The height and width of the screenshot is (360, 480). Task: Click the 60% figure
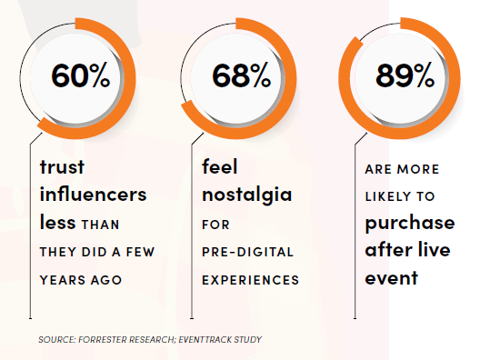pos(81,75)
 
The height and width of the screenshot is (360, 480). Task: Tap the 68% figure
pos(242,75)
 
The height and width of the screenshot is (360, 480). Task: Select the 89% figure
pos(405,75)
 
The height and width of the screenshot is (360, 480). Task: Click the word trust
pos(62,167)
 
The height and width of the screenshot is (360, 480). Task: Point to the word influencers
pos(94,194)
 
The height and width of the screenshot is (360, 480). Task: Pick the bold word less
pos(58,222)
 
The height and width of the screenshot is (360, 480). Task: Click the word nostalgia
pos(247,195)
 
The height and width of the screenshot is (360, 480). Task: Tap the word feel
pos(219,166)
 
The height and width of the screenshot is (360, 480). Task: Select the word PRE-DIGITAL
pos(247,252)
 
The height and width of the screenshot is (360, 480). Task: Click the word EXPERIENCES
pos(250,280)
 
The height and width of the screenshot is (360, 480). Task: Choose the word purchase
pos(410,223)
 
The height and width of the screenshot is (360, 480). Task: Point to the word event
pos(392,278)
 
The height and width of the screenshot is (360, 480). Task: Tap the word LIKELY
pos(387,196)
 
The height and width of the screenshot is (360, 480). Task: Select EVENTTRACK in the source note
pos(205,339)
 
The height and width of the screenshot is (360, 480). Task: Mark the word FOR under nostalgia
pos(215,225)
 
